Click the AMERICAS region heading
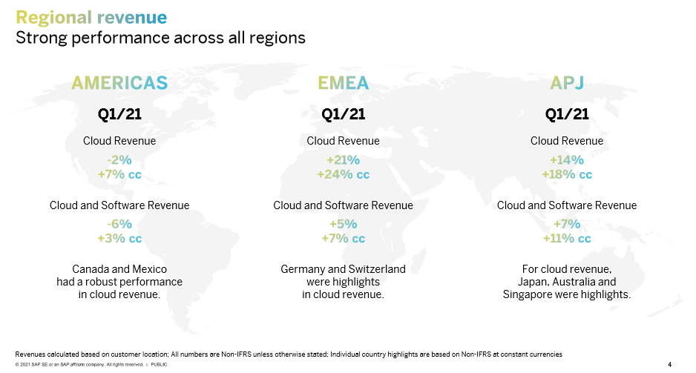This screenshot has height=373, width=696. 119,83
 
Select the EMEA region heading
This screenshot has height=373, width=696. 343,83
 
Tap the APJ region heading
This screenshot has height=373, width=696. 567,83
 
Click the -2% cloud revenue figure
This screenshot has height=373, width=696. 119,159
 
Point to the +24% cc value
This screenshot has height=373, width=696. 343,174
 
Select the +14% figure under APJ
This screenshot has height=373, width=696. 567,159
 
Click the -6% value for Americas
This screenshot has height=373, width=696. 119,224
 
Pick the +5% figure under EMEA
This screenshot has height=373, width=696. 343,224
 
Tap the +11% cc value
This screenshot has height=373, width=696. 567,238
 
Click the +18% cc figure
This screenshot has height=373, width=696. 567,174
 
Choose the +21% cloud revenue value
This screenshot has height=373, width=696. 343,159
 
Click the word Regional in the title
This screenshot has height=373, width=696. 53,18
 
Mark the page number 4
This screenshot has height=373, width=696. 670,365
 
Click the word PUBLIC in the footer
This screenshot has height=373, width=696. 159,365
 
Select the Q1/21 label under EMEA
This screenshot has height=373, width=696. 343,114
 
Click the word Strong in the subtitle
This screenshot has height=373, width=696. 42,38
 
